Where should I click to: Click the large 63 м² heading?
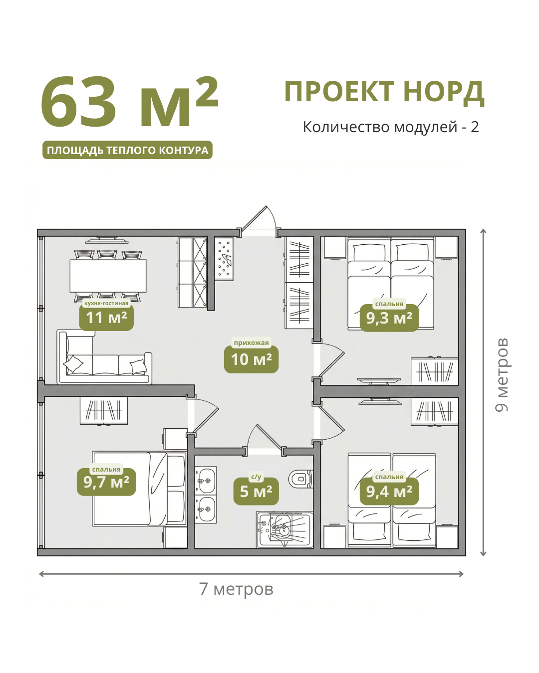coord(129,102)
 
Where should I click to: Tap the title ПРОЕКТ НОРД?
coord(385,92)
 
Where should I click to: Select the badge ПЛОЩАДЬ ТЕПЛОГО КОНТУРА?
coord(127,150)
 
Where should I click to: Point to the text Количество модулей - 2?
coord(391,127)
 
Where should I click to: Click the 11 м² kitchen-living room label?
coord(106,318)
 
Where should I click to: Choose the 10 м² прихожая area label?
coord(251,359)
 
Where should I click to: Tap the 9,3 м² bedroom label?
coord(389,318)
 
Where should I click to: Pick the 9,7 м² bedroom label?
coord(106,482)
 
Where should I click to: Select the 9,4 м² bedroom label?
coord(389,492)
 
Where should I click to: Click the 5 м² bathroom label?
coord(256,492)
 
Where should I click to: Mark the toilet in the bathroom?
coord(300,479)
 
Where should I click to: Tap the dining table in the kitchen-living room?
coord(108,276)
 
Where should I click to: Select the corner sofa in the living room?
coord(104,357)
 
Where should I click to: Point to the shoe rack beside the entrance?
coord(224,259)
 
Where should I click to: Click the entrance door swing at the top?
coord(259,219)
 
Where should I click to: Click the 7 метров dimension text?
coord(236,589)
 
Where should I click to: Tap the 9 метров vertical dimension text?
coord(502,375)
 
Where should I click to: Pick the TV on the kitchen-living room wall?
coord(107,240)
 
